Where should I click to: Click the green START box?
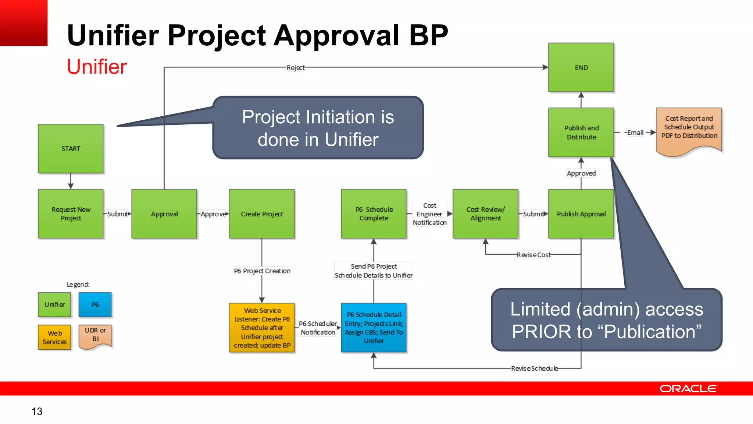coord(71,149)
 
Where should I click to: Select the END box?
coord(581,67)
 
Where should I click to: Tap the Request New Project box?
coord(71,214)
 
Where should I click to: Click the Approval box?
coord(164,214)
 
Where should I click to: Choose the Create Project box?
coord(262,214)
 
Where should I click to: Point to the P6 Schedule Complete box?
coord(374,214)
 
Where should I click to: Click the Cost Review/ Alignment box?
coord(485,214)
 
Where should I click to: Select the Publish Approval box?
coord(581,214)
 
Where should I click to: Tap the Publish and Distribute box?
coord(581,132)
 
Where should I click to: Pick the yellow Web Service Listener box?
coord(262,328)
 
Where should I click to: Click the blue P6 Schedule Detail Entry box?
coord(374,328)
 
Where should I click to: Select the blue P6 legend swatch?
coord(95,305)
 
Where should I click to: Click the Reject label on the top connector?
coord(296,68)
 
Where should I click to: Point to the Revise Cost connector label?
coord(533,255)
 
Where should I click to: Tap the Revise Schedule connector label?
coord(534,368)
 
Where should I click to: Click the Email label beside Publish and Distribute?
coord(635,132)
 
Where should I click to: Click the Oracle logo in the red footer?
coord(688,389)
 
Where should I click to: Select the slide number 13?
coord(37,411)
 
